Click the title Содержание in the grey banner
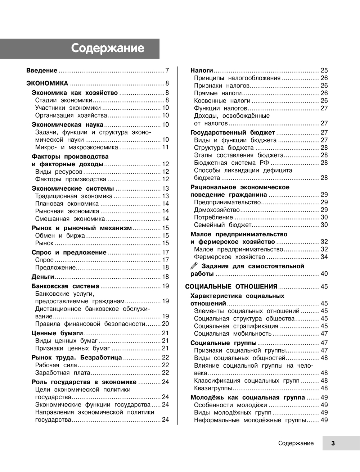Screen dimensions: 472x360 click(108, 48)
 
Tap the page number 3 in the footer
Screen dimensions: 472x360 click(333, 443)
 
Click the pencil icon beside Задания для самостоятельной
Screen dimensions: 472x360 click(194, 266)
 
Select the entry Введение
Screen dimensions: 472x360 click(42, 71)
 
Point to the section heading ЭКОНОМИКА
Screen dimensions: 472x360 click(47, 83)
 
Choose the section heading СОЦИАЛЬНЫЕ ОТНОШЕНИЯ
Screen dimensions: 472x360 click(231, 287)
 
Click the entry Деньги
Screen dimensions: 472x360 click(43, 277)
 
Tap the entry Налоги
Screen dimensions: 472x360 click(202, 71)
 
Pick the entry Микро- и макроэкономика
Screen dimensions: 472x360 click(76, 147)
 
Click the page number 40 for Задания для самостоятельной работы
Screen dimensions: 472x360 click(324, 274)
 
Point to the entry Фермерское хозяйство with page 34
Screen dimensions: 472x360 click(229, 257)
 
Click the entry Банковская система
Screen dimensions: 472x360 click(65, 286)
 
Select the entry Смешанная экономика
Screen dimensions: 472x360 click(70, 219)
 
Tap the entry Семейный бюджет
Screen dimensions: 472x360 click(222, 225)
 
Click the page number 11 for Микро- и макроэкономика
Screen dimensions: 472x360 click(166, 147)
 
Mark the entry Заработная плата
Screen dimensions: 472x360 click(63, 373)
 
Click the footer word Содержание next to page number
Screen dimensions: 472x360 click(296, 443)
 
